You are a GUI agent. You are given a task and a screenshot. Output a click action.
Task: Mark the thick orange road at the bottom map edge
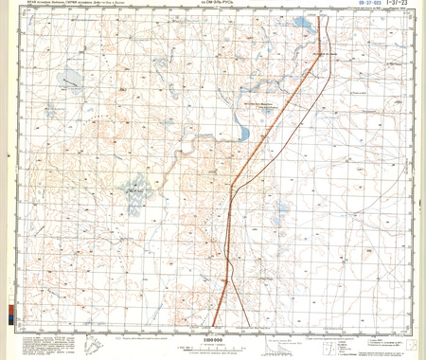pos(215,324)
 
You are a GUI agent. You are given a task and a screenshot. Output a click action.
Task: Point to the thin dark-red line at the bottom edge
pos(249,324)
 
